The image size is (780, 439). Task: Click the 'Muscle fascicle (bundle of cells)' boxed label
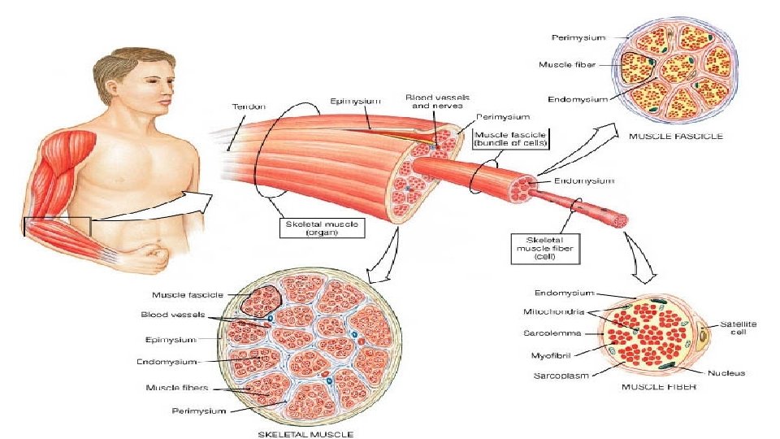pos(511,138)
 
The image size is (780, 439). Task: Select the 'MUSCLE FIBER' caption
pos(659,387)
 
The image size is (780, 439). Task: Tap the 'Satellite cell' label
pos(737,328)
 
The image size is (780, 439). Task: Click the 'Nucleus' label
pos(726,372)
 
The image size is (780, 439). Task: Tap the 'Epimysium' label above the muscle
pos(355,102)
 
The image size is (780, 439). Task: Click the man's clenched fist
pos(150,259)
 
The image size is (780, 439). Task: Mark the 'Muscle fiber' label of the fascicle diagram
pos(569,63)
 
